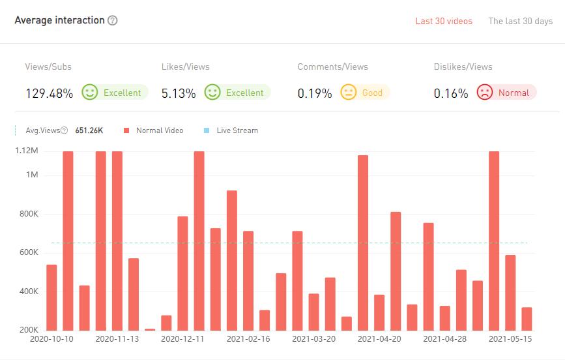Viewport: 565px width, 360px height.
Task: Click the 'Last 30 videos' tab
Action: [x=444, y=21]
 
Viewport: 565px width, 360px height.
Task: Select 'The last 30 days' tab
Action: [x=520, y=21]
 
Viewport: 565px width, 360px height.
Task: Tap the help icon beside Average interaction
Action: [x=113, y=20]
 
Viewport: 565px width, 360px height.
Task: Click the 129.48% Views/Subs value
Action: [x=49, y=93]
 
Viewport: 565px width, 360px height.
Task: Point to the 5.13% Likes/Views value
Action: [x=179, y=93]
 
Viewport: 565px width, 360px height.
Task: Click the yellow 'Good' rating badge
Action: [x=365, y=93]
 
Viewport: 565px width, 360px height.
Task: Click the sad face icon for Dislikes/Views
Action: [x=484, y=93]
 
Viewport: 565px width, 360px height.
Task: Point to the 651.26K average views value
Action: [x=89, y=130]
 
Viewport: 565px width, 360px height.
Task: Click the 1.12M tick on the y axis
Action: [x=26, y=151]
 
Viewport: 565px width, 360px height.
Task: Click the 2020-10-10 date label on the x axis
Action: [x=51, y=339]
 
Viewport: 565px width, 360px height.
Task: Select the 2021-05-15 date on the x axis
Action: [x=510, y=339]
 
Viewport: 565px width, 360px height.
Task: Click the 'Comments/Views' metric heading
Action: [x=332, y=67]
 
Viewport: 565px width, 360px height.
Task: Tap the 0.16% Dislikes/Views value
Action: [x=451, y=93]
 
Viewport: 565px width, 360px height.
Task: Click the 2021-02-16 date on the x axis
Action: [x=248, y=339]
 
